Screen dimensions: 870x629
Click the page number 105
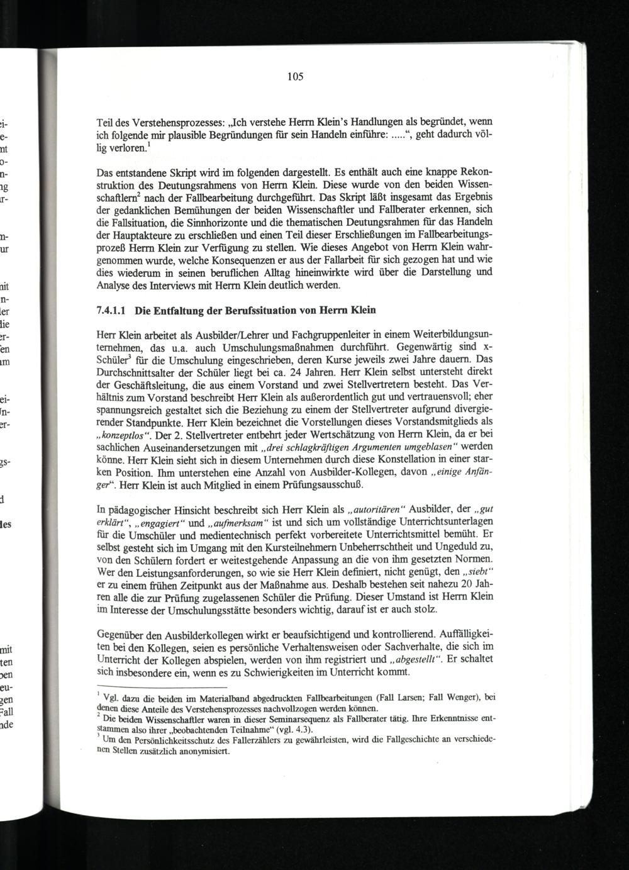(x=296, y=77)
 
